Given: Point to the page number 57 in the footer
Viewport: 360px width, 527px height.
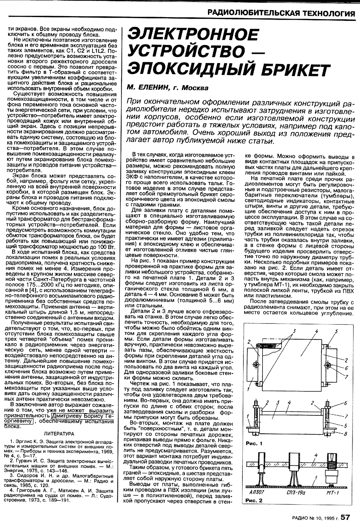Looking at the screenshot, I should pos(345,517).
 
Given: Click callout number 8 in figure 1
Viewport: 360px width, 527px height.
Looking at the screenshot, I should pos(346,433).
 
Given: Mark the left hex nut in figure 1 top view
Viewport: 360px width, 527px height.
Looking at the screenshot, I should pos(256,364).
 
